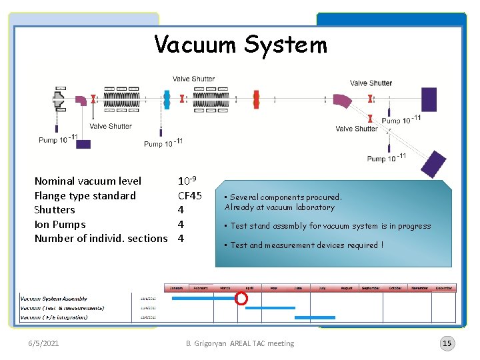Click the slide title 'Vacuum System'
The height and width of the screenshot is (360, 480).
[241, 45]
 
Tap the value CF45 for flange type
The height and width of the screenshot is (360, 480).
[190, 195]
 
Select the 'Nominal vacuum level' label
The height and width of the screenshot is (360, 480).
[88, 181]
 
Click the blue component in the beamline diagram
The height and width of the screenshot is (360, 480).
[167, 99]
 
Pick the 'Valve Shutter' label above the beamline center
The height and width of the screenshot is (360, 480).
[193, 79]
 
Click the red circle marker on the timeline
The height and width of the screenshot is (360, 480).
[241, 299]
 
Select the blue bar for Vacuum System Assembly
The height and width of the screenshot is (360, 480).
[203, 299]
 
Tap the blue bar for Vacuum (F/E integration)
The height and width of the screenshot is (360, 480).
[315, 317]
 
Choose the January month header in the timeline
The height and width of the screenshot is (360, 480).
[176, 288]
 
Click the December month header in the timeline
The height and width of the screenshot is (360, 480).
[444, 288]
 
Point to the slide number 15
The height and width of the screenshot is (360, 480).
[447, 343]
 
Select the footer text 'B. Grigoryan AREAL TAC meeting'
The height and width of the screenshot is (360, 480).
[240, 343]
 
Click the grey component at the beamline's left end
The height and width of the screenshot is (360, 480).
[58, 99]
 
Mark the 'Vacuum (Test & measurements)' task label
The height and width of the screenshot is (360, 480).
[62, 308]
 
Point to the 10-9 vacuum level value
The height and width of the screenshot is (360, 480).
[186, 181]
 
